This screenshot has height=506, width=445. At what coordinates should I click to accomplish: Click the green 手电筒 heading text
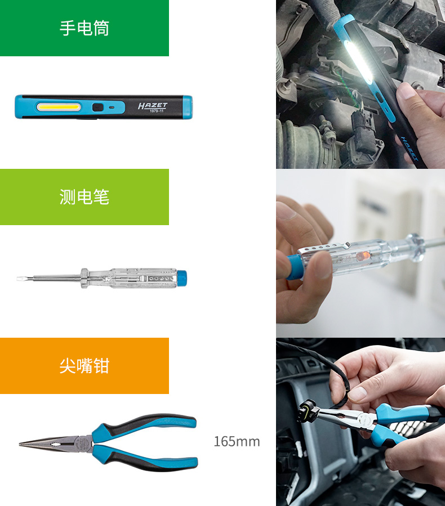coord(84,28)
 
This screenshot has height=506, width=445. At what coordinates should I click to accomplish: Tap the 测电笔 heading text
coord(84,197)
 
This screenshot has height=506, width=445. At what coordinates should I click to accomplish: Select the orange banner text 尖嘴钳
coord(84,366)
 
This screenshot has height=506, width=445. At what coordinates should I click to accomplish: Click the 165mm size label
coord(237,441)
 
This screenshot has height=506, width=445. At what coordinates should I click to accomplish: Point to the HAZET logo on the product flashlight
coord(153,105)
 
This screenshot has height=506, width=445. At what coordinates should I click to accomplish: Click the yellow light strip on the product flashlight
coord(59,107)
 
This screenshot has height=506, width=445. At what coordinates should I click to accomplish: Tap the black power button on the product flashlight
coord(97,107)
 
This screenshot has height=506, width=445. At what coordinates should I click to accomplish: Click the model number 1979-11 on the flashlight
coord(156,111)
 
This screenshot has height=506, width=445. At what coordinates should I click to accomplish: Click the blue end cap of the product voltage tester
coord(182,278)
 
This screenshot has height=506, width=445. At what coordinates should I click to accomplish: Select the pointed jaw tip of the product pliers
coord(20,444)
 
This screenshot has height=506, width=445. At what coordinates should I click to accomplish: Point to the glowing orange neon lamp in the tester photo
coord(360,256)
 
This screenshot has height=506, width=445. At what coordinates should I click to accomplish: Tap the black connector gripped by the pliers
coord(308,410)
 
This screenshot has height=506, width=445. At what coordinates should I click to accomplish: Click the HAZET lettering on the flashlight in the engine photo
coord(410,148)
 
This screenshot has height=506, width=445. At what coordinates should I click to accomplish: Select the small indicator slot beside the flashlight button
coord(112,107)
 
